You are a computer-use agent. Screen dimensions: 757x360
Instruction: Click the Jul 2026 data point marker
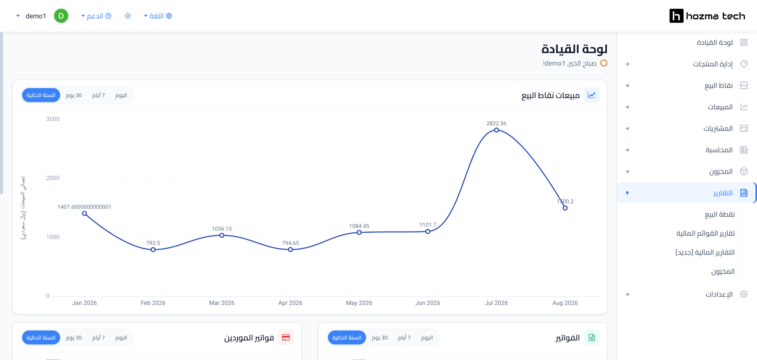(496, 130)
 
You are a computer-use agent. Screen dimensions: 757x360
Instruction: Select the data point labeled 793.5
(153, 250)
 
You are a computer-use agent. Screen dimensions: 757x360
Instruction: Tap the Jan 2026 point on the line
(84, 213)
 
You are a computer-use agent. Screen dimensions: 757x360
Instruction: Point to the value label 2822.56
(496, 123)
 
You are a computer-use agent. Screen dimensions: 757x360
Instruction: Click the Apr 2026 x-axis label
(290, 303)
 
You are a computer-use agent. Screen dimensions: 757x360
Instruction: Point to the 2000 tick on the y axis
(53, 178)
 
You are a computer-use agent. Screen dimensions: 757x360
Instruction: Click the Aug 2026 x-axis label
(565, 303)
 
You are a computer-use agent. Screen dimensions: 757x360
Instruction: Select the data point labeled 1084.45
(359, 232)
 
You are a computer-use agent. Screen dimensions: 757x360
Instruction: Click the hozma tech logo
(707, 16)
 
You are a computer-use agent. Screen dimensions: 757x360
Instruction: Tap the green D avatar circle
(61, 16)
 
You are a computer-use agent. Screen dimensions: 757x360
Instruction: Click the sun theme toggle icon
(128, 16)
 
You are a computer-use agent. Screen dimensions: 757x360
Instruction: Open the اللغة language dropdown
(158, 16)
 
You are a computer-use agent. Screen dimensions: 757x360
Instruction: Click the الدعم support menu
(96, 16)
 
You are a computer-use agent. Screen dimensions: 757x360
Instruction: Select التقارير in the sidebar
(723, 193)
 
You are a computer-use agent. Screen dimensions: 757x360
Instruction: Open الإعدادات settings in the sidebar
(719, 294)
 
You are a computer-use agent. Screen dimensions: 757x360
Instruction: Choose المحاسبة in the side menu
(719, 150)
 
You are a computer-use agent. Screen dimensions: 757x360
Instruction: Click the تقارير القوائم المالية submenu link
(706, 234)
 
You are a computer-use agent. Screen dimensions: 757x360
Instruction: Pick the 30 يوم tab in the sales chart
(74, 95)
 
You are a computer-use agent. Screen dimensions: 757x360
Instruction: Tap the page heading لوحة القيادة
(574, 49)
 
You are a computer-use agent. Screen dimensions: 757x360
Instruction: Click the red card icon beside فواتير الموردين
(286, 338)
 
